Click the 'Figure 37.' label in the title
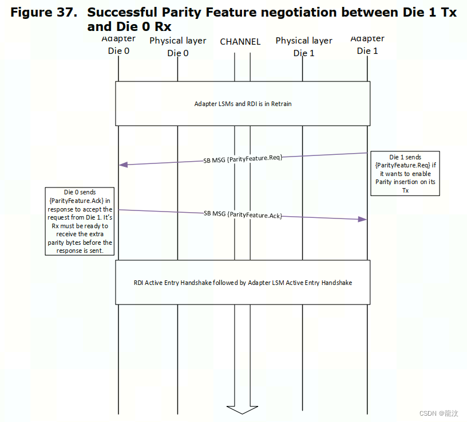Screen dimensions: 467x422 click(x=43, y=13)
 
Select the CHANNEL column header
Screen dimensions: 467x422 click(x=240, y=41)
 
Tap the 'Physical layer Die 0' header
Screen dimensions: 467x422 click(x=177, y=46)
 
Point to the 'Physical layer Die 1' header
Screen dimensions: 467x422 click(x=304, y=46)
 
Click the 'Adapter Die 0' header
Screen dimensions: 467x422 click(x=118, y=45)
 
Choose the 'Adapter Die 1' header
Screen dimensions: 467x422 click(x=367, y=45)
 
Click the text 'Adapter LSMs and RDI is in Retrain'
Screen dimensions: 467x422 click(x=243, y=104)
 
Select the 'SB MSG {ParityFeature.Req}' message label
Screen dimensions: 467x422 click(x=243, y=158)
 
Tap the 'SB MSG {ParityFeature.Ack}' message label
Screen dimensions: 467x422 click(x=243, y=214)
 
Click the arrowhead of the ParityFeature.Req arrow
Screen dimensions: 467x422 click(x=123, y=165)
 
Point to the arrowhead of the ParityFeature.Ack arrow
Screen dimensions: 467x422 click(x=362, y=220)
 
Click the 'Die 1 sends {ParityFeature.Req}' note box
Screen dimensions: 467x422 click(x=405, y=173)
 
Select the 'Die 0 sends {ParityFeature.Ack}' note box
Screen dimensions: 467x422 click(x=80, y=221)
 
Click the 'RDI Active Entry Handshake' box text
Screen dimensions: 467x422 click(x=243, y=283)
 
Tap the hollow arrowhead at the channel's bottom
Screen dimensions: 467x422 click(x=242, y=408)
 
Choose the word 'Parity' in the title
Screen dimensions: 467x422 click(x=189, y=13)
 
